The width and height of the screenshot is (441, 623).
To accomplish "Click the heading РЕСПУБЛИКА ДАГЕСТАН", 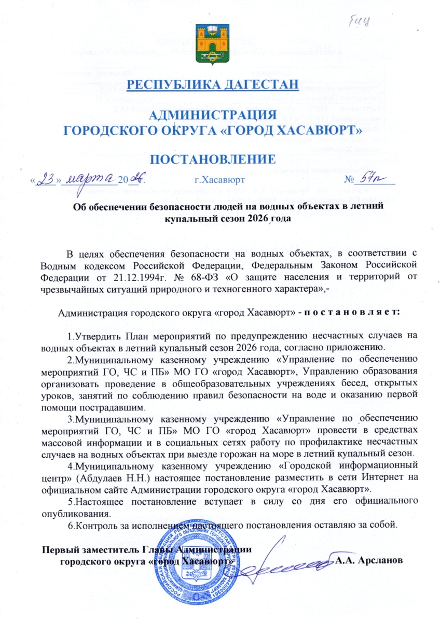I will click(213, 84).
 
